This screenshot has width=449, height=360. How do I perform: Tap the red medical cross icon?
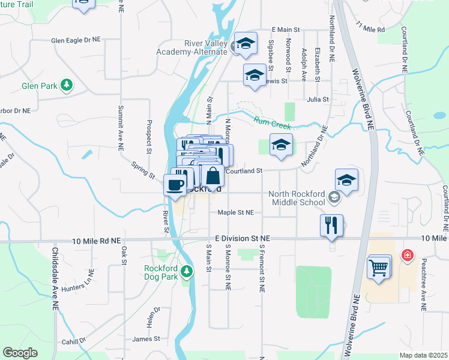tap(408, 256)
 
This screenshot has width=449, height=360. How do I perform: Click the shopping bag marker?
tap(212, 176)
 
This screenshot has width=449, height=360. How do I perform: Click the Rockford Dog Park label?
tap(162, 272)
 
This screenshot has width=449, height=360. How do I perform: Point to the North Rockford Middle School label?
tap(297, 198)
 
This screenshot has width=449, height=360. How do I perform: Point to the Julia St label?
tap(318, 100)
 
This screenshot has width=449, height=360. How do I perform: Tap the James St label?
tap(146, 339)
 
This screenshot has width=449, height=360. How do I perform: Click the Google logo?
tap(20, 353)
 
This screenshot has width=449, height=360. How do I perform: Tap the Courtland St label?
tap(244, 171)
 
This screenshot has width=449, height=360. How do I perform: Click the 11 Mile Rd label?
tap(370, 28)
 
